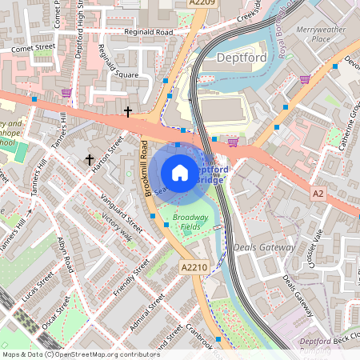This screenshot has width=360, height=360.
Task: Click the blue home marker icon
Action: [x=180, y=173]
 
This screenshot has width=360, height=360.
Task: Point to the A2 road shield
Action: [x=318, y=194]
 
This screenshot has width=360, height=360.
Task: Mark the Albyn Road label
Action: [x=66, y=252]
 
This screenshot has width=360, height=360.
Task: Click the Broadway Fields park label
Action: [x=190, y=222]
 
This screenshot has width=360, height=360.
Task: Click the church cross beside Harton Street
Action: [x=90, y=160]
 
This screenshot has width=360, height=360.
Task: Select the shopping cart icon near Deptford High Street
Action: [x=66, y=93]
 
